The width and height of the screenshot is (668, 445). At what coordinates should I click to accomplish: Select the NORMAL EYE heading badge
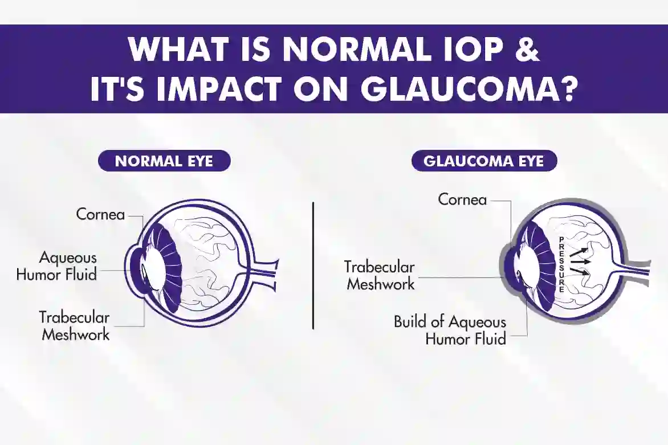click(x=164, y=161)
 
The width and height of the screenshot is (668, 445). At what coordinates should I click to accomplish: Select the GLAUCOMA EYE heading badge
click(x=484, y=161)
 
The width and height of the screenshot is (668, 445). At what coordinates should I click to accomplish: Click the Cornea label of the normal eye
click(x=100, y=215)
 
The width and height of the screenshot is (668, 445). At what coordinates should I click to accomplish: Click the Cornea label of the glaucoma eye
click(x=462, y=199)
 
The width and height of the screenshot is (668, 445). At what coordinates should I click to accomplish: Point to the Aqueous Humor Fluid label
click(x=56, y=267)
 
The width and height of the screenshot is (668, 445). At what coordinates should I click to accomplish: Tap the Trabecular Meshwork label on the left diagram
click(x=75, y=325)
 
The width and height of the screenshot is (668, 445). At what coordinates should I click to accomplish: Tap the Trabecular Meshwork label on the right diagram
click(x=380, y=275)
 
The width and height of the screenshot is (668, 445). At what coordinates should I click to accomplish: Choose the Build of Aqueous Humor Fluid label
click(x=450, y=330)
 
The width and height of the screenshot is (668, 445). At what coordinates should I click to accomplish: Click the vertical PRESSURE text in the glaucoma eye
click(x=561, y=264)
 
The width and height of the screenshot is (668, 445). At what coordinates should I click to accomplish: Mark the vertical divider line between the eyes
click(x=313, y=265)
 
